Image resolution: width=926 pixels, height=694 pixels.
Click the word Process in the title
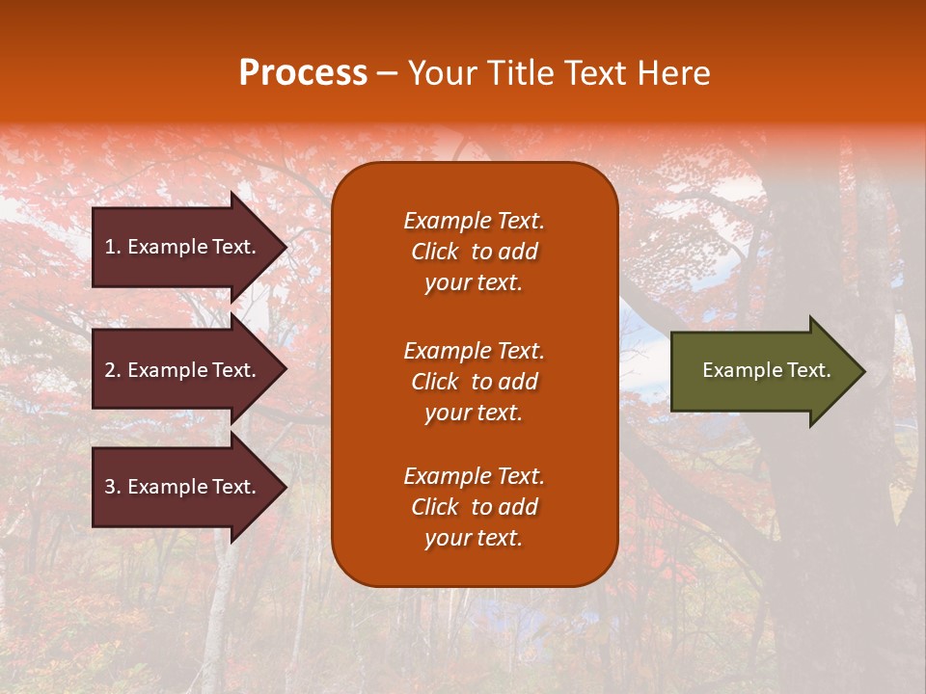point(303,73)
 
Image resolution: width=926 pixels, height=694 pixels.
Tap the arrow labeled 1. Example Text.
point(180,247)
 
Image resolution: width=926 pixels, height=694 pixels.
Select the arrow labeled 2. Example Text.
point(180,370)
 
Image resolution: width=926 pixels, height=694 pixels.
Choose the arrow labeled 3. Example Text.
point(180,487)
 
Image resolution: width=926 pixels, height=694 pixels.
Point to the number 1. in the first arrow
point(113,247)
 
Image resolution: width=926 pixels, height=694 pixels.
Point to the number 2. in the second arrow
point(113,370)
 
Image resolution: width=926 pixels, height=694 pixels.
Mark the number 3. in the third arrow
point(113,487)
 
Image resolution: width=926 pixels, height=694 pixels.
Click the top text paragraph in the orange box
point(474,252)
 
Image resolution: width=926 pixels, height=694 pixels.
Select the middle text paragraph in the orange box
point(474,382)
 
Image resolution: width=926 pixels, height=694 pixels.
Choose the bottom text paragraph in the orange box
point(474,507)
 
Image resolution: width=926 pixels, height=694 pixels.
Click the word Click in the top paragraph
point(434,252)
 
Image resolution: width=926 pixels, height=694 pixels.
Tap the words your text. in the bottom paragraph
point(474,538)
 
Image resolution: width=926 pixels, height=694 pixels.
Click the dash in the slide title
point(387,74)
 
